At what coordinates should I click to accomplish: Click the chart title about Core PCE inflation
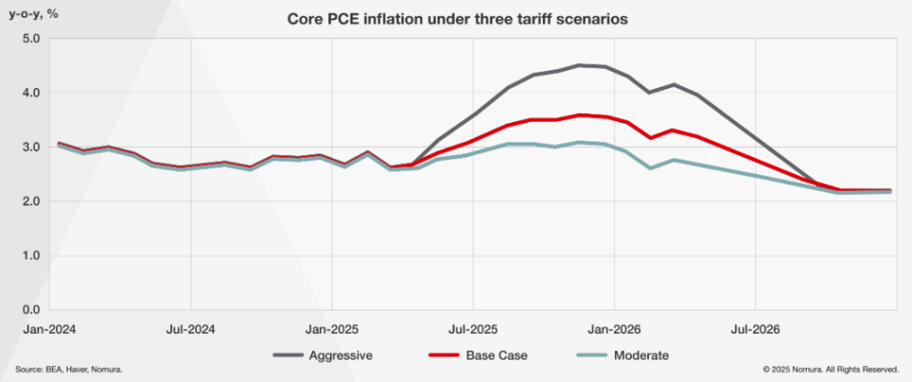(456, 19)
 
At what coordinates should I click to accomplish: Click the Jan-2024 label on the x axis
(50, 329)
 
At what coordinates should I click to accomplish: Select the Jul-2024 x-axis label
(191, 329)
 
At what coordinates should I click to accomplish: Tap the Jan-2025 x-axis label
(332, 329)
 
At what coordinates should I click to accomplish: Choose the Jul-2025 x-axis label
(472, 329)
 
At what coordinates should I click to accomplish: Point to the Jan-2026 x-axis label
(613, 329)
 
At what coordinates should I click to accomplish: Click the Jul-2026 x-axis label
(754, 329)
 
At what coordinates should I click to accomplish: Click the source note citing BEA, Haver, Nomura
(69, 369)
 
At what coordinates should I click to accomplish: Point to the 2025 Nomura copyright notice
(830, 369)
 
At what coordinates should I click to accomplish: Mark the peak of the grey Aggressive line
(580, 65)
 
